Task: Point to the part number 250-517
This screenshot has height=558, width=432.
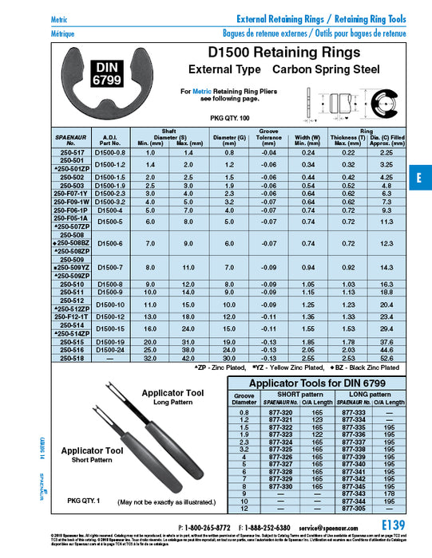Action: point(71,151)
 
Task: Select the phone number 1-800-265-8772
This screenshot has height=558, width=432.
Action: point(206,528)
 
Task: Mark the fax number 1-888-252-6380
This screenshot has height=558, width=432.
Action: point(270,528)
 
